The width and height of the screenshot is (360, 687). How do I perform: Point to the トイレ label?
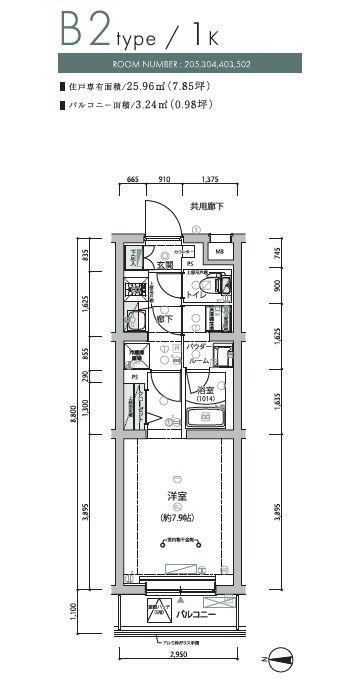pos(198,296)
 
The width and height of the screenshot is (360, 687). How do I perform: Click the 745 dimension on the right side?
pos(277,254)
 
